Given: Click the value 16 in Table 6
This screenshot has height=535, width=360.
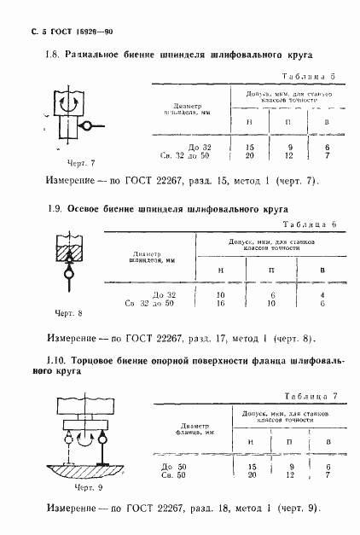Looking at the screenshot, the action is click(220, 302).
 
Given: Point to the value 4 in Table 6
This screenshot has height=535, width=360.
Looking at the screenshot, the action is click(321, 294).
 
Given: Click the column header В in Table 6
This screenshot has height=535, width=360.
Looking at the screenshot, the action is click(321, 270).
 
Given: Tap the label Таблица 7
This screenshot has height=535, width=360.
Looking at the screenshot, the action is click(314, 398).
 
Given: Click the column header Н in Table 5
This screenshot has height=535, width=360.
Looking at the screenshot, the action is click(249, 122).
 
